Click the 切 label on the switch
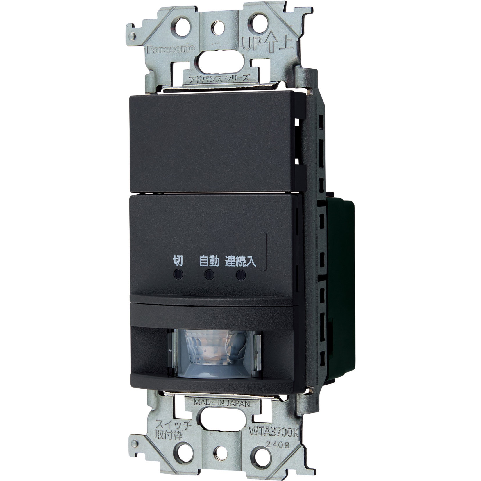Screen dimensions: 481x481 [x=178, y=261]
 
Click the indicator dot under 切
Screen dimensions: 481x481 [x=178, y=274]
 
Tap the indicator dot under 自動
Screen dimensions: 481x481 [x=209, y=274]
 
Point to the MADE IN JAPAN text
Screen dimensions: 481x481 [x=222, y=403]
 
